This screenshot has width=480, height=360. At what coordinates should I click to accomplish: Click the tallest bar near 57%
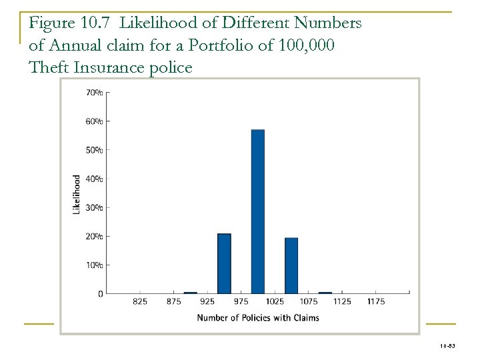pyautogui.click(x=258, y=211)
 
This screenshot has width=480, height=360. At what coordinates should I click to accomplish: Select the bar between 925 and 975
pyautogui.click(x=224, y=263)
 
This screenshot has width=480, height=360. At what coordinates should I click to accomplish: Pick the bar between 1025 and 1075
pyautogui.click(x=291, y=265)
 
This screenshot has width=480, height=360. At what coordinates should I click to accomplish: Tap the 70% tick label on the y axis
pyautogui.click(x=95, y=93)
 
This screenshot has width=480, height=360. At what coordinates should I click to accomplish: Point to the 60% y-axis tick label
pyautogui.click(x=95, y=121)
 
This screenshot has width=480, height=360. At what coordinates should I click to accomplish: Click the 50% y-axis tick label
pyautogui.click(x=95, y=150)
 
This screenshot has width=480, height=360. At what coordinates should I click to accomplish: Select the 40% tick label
pyautogui.click(x=95, y=179)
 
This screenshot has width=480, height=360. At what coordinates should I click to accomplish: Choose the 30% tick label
pyautogui.click(x=95, y=207)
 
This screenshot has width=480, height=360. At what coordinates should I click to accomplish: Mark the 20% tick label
pyautogui.click(x=95, y=236)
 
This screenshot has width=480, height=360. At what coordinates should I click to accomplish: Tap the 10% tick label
pyautogui.click(x=95, y=265)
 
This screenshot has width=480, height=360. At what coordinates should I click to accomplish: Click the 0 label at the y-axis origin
pyautogui.click(x=100, y=293)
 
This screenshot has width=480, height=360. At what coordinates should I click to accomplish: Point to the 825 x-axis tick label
pyautogui.click(x=141, y=302)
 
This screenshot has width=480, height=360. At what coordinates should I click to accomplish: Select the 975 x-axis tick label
pyautogui.click(x=241, y=302)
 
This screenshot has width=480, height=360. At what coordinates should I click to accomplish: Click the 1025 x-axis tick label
pyautogui.click(x=275, y=302)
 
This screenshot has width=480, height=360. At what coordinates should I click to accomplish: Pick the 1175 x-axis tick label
pyautogui.click(x=375, y=302)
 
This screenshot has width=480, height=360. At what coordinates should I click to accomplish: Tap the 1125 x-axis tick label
pyautogui.click(x=342, y=302)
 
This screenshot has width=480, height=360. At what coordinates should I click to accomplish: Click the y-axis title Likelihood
pyautogui.click(x=77, y=194)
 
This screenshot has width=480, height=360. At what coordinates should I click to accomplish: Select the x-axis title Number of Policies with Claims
pyautogui.click(x=257, y=317)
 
